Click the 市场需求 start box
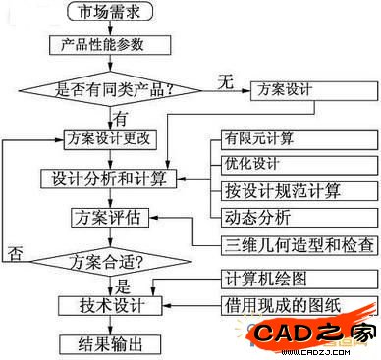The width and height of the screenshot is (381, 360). click(x=109, y=12)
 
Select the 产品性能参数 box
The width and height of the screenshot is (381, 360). click(x=109, y=45)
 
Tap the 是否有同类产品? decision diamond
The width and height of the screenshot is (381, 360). click(x=110, y=89)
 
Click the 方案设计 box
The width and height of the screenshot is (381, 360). click(x=286, y=88)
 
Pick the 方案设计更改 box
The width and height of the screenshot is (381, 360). click(x=109, y=138)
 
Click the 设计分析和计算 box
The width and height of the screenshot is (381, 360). click(x=109, y=180)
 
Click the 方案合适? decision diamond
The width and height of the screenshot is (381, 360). click(x=110, y=262)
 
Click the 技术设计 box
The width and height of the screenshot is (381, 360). click(x=109, y=306)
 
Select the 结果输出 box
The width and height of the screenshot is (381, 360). click(x=109, y=343)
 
